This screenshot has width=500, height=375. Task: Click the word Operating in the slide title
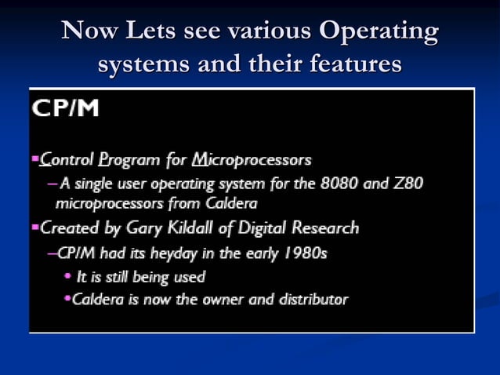click(378, 33)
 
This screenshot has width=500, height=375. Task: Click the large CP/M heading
click(65, 108)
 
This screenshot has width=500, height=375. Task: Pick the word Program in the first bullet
click(128, 161)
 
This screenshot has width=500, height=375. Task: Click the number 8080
click(342, 184)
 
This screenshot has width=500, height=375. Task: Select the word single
click(92, 184)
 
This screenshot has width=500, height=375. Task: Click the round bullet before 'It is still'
click(67, 276)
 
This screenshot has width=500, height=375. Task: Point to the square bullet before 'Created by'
click(34, 228)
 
